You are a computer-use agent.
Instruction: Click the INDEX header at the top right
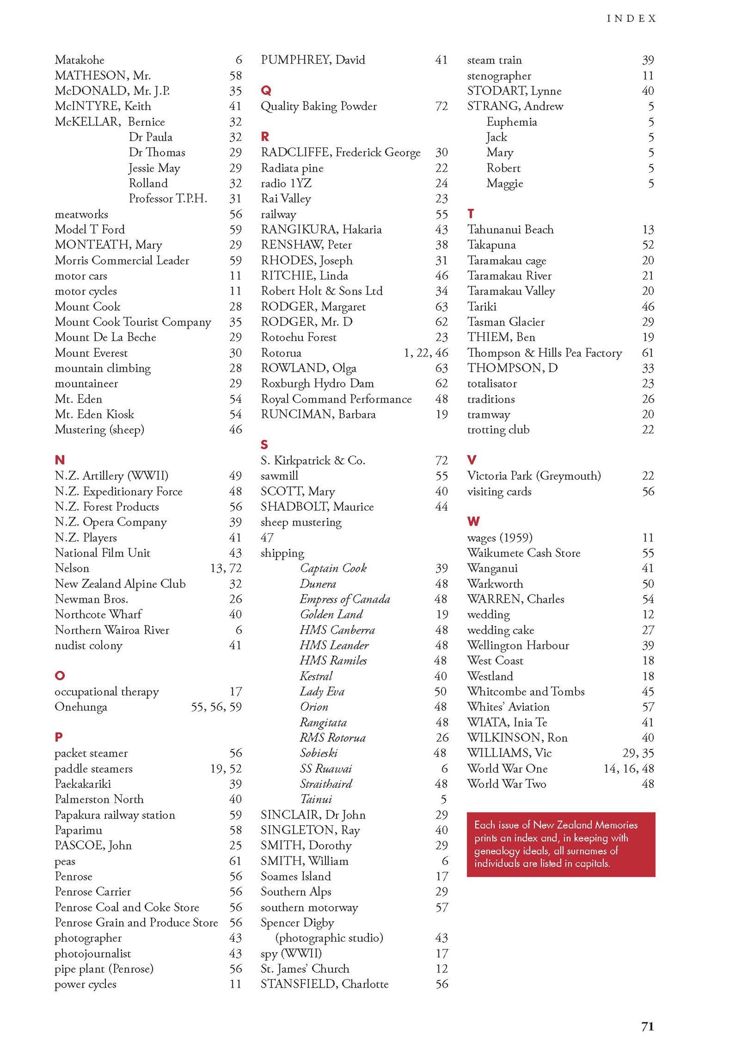pos(631,18)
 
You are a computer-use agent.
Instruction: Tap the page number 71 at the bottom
pos(647,1026)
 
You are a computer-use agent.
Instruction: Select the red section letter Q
pos(266,90)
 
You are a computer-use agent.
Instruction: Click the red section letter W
pos(473,521)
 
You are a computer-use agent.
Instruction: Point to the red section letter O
pos(60,675)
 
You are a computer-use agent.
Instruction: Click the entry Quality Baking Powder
pos(318,106)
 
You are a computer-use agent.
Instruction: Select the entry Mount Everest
pos(91,353)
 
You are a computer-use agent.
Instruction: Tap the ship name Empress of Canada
pos(345,599)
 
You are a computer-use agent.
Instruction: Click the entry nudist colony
pos(89,645)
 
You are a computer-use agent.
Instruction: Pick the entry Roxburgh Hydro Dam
pos(317,383)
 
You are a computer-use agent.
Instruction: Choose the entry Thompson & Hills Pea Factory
pos(544,353)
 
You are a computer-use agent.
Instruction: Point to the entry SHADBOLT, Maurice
pos(317,507)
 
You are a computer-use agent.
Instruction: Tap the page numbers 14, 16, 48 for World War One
pos(628,768)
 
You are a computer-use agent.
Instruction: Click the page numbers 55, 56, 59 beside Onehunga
pos(216,707)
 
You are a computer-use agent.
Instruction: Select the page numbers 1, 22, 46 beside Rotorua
pos(426,353)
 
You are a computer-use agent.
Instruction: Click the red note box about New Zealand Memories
pos(561,844)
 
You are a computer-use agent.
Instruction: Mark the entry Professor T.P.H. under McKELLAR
pos(168,198)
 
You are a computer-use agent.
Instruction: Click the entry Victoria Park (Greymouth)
pos(534,476)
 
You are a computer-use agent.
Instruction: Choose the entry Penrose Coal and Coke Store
pos(127,907)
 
